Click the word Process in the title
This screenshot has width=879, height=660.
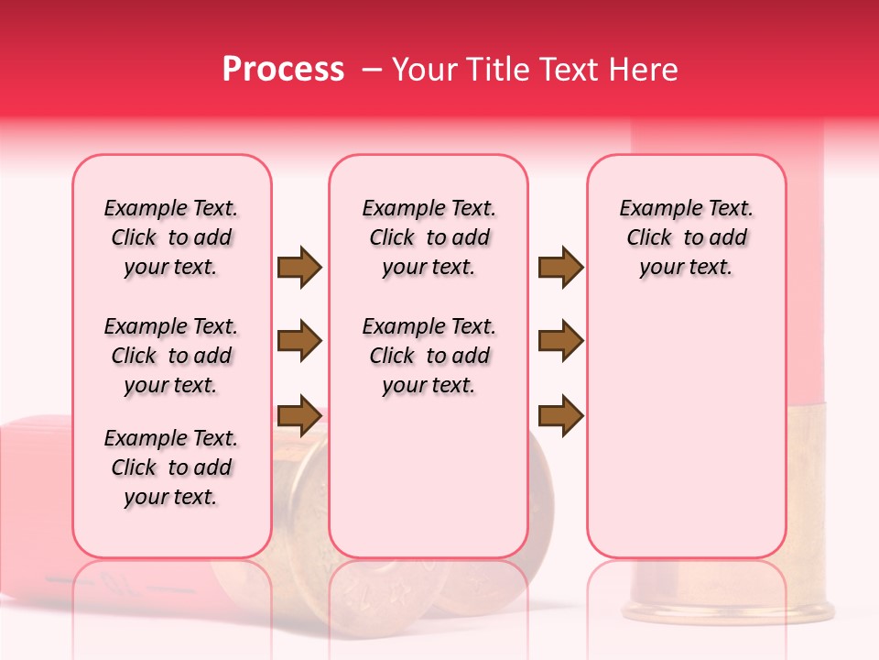[283, 70]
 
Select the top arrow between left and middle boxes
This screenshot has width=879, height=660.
[299, 268]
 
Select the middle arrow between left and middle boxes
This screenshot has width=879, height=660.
[299, 341]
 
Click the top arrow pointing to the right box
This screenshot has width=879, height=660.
[560, 268]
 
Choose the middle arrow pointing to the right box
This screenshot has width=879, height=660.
[560, 341]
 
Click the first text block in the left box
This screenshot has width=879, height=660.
[171, 237]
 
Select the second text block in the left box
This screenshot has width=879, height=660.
[171, 356]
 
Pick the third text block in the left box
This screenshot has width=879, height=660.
[171, 467]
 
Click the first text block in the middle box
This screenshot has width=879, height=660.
[429, 237]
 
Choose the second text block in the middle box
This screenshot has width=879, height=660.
[429, 356]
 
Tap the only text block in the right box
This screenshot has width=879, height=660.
[687, 237]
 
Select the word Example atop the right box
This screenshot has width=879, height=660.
[654, 208]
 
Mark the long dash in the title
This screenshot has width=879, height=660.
[372, 70]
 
